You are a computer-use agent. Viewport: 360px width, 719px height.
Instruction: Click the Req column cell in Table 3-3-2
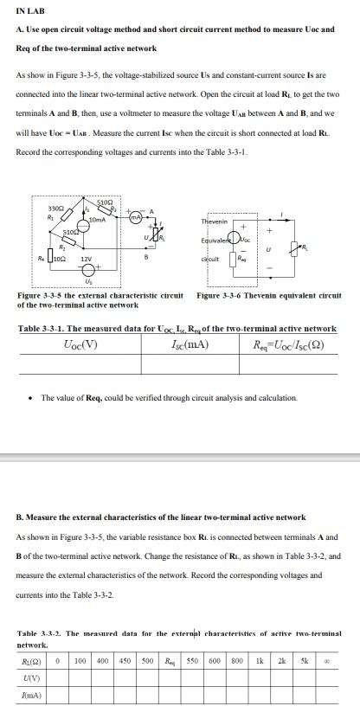169,660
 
